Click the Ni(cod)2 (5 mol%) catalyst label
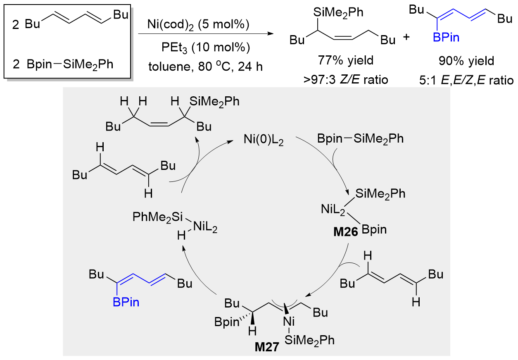point(198,25)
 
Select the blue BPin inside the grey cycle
point(126,302)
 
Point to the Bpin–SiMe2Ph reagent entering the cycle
point(360,138)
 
